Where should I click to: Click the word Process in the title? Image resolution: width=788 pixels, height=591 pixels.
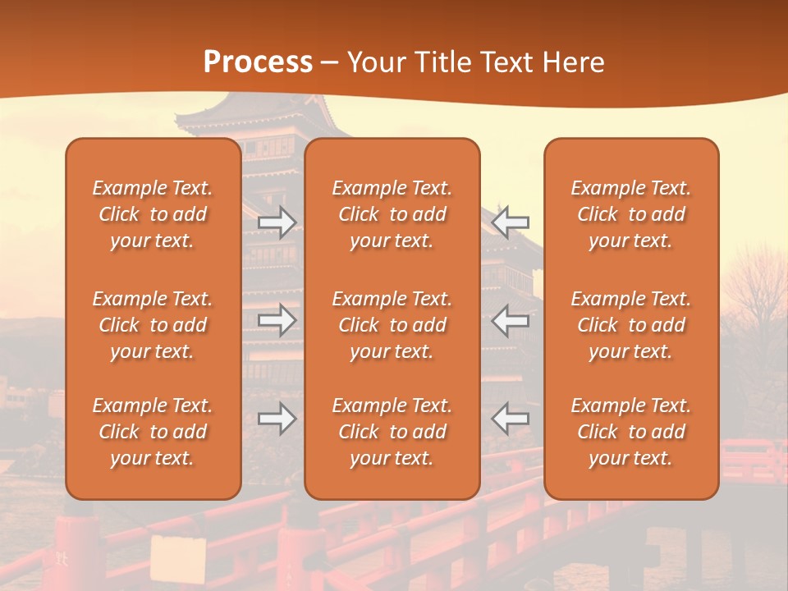[258, 62]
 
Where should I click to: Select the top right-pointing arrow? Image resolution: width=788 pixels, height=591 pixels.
[277, 222]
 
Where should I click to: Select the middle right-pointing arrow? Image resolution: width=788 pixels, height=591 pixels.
[277, 320]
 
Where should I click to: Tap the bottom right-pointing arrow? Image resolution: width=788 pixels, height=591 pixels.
[277, 419]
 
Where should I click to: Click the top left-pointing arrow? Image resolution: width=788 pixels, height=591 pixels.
[511, 222]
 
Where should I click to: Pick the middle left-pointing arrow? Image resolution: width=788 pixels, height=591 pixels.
[511, 320]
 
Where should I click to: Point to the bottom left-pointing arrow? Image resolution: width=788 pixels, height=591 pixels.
[511, 419]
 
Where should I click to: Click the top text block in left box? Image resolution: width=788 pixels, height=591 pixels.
[153, 214]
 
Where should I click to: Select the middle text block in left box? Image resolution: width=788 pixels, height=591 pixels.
[153, 325]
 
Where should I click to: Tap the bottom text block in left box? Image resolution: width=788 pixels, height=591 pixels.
[153, 432]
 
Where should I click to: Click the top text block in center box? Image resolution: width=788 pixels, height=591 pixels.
[392, 214]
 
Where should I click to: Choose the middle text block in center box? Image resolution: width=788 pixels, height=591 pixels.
[392, 325]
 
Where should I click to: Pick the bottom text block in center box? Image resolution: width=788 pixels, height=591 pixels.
[392, 432]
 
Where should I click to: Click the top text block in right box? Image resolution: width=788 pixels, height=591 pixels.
[630, 214]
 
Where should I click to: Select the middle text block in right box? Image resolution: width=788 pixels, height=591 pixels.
[630, 325]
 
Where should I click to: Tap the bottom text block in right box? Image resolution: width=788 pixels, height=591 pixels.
[630, 432]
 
